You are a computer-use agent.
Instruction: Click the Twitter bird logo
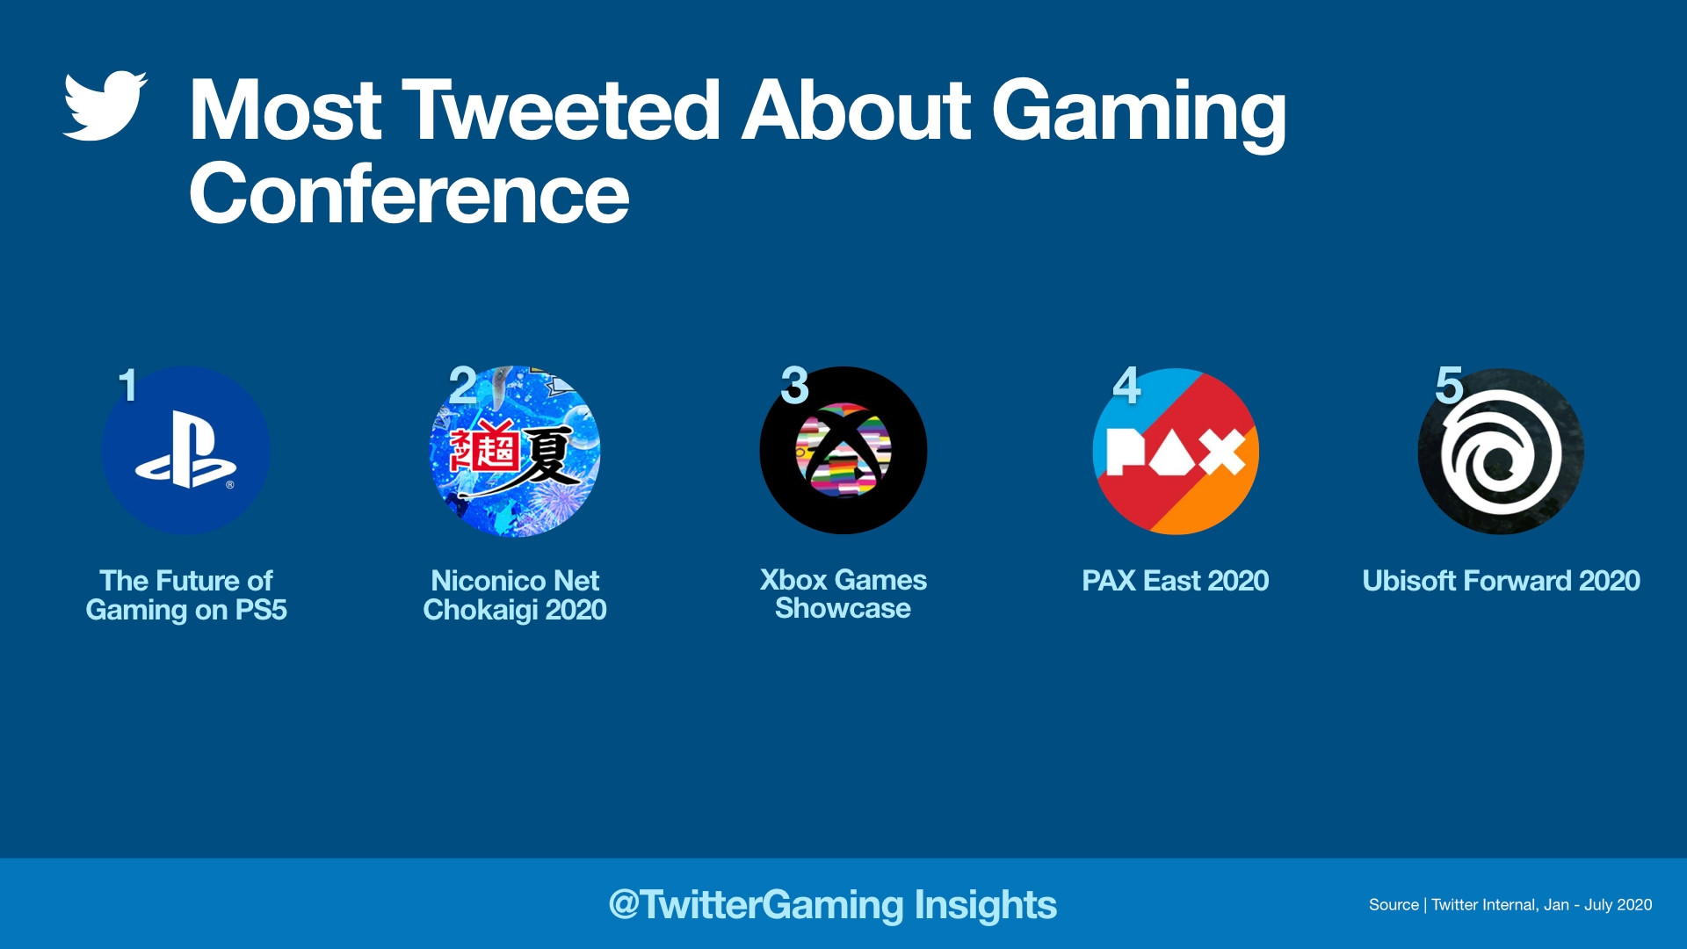click(105, 105)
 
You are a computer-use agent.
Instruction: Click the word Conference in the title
click(409, 194)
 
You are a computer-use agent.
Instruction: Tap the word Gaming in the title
click(1140, 114)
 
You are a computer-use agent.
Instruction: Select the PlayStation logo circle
click(186, 450)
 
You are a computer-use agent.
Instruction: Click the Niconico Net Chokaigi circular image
click(515, 451)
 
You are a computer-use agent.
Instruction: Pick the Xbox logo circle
click(843, 450)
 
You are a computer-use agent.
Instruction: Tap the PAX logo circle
click(1176, 451)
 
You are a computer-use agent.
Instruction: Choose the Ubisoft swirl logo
click(1501, 451)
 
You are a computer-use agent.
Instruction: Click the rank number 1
click(128, 385)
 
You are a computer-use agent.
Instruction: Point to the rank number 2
click(463, 385)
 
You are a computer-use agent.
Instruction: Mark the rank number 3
click(795, 385)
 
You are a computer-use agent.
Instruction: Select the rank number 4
click(1126, 385)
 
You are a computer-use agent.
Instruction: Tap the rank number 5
click(1450, 385)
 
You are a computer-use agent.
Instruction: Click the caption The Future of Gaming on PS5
click(186, 595)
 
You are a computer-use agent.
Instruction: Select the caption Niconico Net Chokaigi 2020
click(515, 595)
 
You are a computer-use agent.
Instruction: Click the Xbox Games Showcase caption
click(843, 594)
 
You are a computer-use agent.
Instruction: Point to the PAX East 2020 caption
click(1176, 581)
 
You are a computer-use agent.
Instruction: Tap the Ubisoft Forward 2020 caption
click(1502, 581)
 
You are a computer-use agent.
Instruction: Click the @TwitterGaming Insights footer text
click(833, 905)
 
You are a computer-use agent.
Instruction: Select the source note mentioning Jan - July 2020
click(1510, 905)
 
